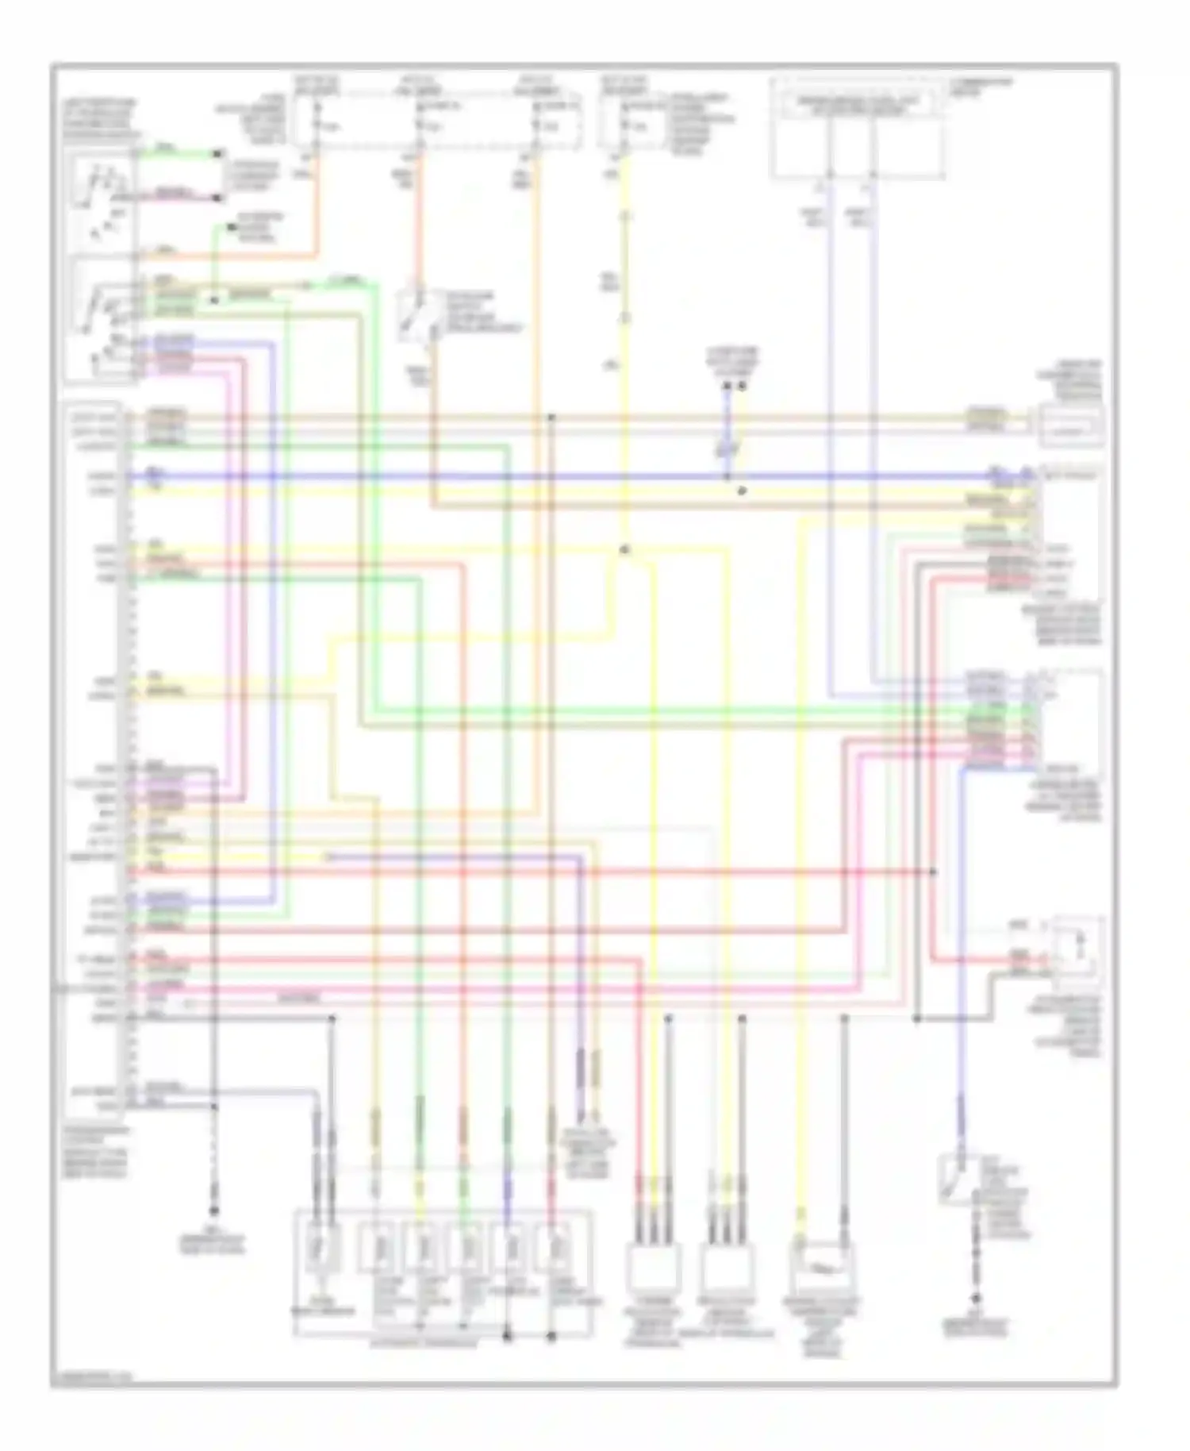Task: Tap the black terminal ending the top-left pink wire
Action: (x=218, y=196)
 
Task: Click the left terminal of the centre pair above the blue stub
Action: (x=726, y=387)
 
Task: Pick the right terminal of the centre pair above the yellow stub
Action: (x=743, y=387)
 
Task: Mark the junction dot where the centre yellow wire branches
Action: (x=624, y=549)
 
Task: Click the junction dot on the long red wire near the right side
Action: (x=933, y=872)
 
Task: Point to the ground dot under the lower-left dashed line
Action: (x=213, y=1211)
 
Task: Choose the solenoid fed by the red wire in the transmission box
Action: (x=552, y=1249)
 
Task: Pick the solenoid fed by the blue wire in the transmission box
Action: (x=509, y=1249)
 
